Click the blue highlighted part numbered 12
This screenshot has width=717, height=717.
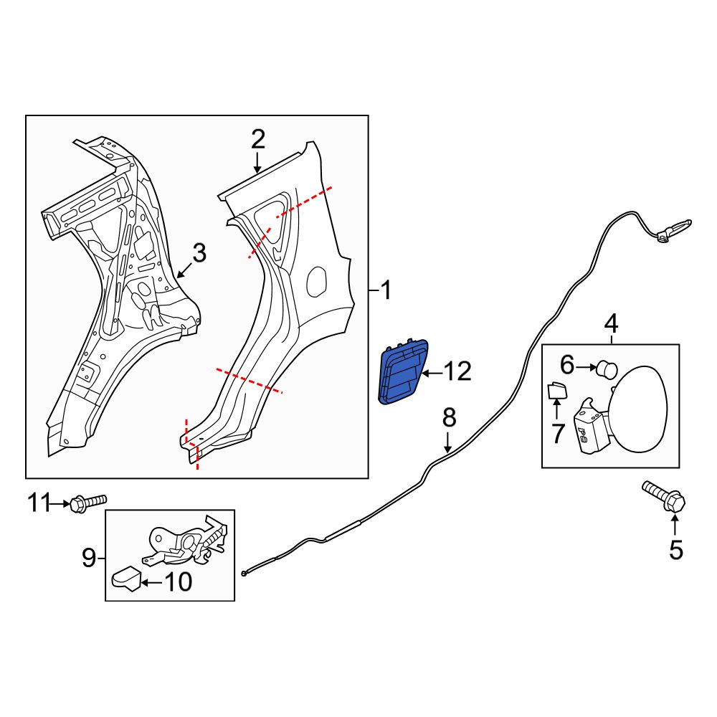pyautogui.click(x=402, y=372)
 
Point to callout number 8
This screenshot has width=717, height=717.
pyautogui.click(x=449, y=418)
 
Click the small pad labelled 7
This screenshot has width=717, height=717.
pyautogui.click(x=557, y=390)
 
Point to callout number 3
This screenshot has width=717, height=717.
pyautogui.click(x=199, y=254)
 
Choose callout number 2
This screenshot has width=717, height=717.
pyautogui.click(x=258, y=140)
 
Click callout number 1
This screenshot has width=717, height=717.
pyautogui.click(x=386, y=290)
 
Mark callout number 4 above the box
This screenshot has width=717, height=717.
pyautogui.click(x=612, y=324)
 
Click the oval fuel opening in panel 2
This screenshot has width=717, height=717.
pyautogui.click(x=317, y=280)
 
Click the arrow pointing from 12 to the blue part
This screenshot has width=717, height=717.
pyautogui.click(x=432, y=374)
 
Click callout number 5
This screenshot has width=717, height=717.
pyautogui.click(x=676, y=550)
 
